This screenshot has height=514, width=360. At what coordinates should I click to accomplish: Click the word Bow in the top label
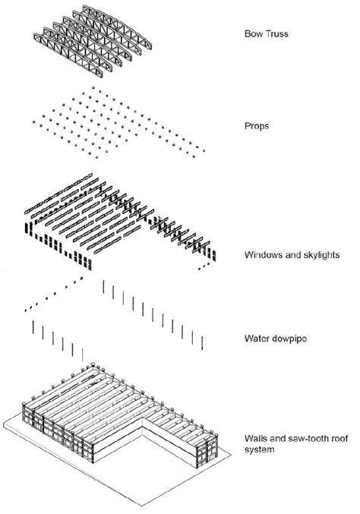252,33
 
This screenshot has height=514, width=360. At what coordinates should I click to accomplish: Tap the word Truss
273,33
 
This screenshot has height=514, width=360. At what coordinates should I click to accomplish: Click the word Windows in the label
261,255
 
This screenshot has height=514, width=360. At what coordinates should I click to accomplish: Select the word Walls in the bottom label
254,439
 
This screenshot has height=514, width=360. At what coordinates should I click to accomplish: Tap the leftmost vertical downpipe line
33,327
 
